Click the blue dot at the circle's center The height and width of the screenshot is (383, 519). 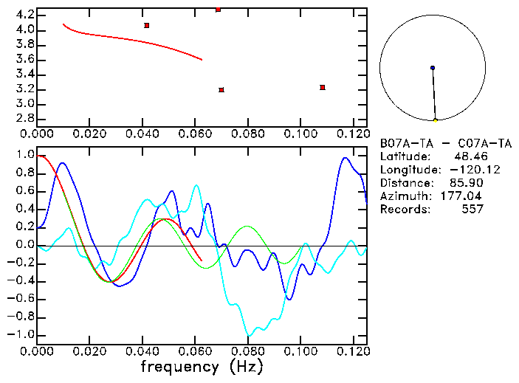coord(433,68)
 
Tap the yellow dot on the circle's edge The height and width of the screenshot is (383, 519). coord(436,120)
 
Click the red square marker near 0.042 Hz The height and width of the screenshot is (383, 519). coord(147,25)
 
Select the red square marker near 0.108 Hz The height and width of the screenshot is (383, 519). coord(323,87)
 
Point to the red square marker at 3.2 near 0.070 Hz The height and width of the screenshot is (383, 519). coord(221,90)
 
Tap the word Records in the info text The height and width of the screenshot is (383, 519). coord(405,210)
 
